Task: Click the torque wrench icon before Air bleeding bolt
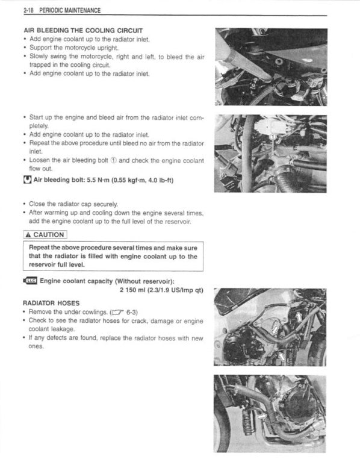tap(26, 180)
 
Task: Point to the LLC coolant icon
tap(29, 280)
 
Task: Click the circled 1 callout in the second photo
tap(273, 137)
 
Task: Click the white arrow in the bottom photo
tap(261, 415)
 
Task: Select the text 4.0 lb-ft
tap(156, 180)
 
